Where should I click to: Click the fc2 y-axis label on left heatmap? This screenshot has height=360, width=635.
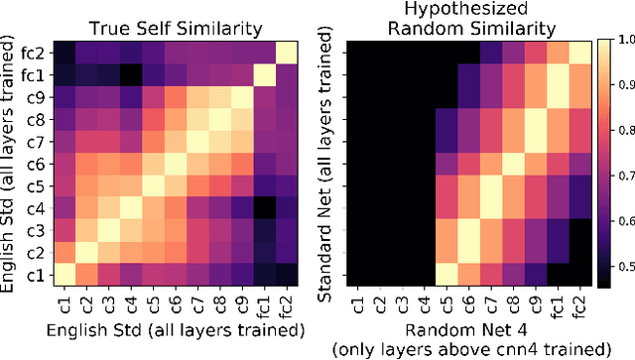[x=34, y=53]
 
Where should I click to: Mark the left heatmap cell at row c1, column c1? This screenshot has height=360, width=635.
[x=63, y=275]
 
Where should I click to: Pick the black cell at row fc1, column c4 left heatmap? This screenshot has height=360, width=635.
[x=129, y=74]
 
